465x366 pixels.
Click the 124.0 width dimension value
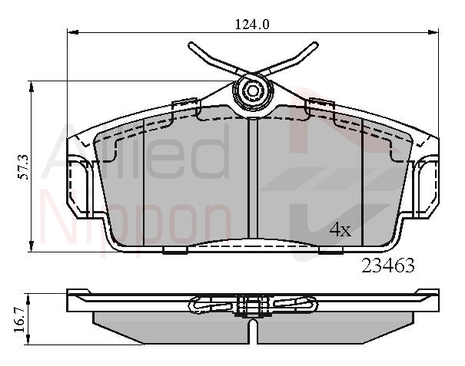tap(252, 25)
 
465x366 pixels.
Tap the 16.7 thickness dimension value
tap(21, 320)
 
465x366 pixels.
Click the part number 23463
tap(387, 265)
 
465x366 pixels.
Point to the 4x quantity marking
tap(340, 229)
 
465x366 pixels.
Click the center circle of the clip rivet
tap(252, 91)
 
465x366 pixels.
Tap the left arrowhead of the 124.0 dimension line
tap(73, 32)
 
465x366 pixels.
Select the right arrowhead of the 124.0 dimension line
tap(433, 32)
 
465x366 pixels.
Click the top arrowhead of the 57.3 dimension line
tap(31, 86)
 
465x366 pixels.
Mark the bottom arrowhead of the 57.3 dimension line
tap(31, 246)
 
